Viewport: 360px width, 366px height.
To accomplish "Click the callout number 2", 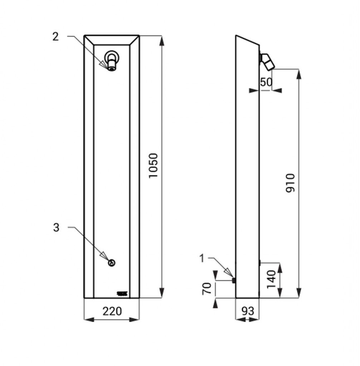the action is (x=55, y=37).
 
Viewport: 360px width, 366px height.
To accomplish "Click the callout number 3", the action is (x=56, y=227).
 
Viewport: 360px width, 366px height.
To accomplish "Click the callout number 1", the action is (x=202, y=258).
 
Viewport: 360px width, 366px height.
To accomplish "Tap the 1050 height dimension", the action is (x=154, y=166).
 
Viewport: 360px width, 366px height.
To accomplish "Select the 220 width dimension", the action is (x=112, y=311).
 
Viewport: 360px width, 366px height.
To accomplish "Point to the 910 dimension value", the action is (x=290, y=183).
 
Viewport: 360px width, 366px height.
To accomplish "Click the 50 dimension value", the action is (x=266, y=82).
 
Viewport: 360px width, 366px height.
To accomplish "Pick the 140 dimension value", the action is (x=271, y=279).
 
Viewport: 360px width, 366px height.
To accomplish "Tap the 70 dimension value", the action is (x=207, y=289).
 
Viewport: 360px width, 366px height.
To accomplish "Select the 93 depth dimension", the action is (x=248, y=311).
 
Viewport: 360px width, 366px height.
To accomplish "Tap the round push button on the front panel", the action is (x=112, y=263).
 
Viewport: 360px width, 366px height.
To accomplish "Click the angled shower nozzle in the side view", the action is (x=267, y=61).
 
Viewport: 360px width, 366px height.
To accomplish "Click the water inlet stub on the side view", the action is (x=234, y=280).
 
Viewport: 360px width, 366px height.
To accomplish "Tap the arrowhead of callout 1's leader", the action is (x=228, y=273).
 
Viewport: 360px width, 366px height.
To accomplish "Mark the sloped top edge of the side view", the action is (x=248, y=40).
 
